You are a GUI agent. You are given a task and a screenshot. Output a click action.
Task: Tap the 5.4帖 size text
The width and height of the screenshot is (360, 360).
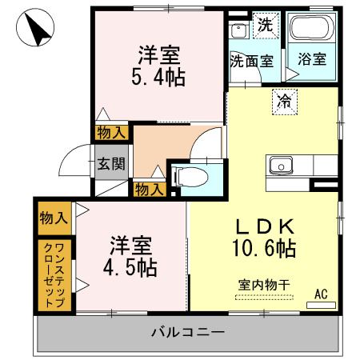(x=159, y=78)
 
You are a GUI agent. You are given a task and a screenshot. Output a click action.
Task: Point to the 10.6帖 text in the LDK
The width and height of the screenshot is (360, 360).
(x=263, y=248)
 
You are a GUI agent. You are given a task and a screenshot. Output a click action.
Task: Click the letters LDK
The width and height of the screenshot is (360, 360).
(x=264, y=226)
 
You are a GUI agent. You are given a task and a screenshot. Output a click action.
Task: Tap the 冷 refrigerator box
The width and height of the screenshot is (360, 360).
(x=283, y=100)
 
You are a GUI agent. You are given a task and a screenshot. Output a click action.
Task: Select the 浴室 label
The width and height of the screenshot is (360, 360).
(x=310, y=60)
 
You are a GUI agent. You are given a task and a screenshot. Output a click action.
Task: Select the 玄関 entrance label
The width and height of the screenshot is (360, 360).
(x=110, y=164)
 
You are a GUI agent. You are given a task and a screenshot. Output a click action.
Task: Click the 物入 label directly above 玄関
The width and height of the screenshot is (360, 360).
(x=110, y=133)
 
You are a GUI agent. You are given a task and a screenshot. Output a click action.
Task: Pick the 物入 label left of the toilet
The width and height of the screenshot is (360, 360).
(x=149, y=189)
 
